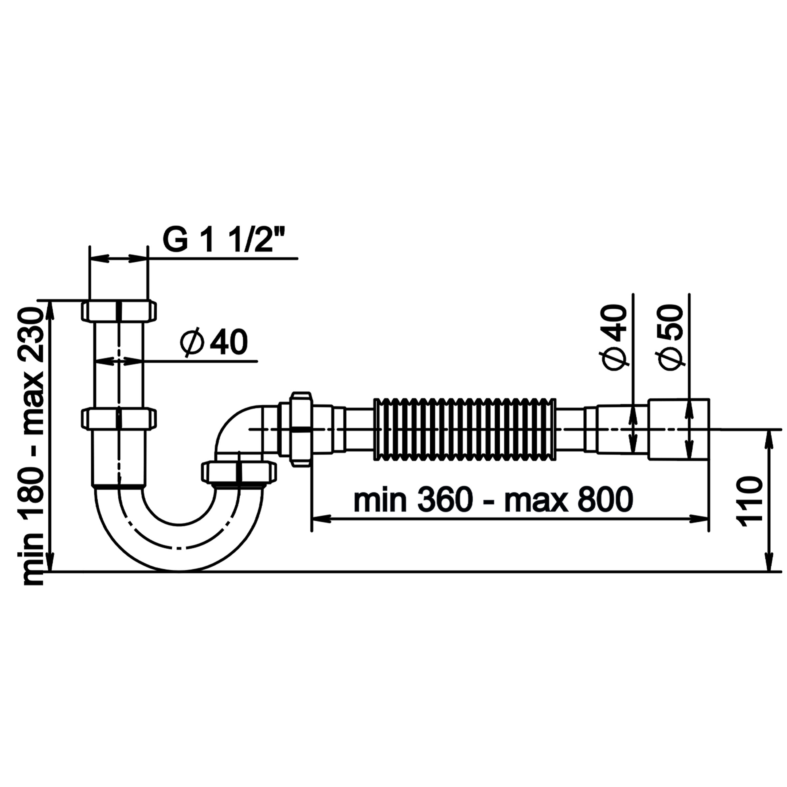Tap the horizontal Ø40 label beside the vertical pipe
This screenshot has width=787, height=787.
click(x=214, y=343)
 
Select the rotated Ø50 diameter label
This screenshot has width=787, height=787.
click(x=669, y=338)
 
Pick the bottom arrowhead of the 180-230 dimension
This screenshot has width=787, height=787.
click(x=51, y=562)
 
